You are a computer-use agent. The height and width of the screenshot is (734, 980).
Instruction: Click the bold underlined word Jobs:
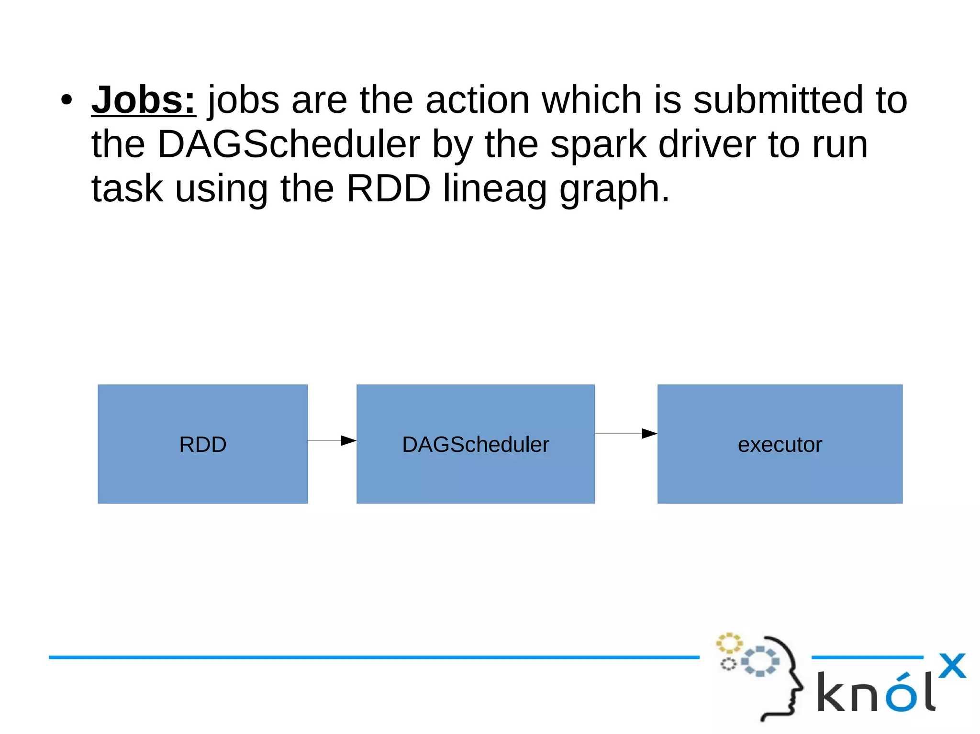(x=144, y=100)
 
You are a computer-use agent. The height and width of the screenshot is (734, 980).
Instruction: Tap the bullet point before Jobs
(x=67, y=100)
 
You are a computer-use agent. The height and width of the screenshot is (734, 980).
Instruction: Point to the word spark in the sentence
(x=598, y=145)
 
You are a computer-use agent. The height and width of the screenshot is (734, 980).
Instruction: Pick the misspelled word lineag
(x=495, y=189)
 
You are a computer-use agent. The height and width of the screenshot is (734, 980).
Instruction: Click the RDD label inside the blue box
(x=203, y=445)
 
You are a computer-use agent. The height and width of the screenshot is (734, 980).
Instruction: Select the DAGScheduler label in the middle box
(x=475, y=445)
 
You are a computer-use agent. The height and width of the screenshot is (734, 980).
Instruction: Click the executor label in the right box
(x=780, y=445)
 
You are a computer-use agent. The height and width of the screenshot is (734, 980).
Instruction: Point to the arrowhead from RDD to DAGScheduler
(x=349, y=440)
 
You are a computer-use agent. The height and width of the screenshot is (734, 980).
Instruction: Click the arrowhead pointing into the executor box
(x=649, y=434)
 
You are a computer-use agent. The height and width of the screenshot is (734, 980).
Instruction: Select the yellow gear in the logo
(x=728, y=643)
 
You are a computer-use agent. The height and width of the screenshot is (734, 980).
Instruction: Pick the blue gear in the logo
(x=760, y=661)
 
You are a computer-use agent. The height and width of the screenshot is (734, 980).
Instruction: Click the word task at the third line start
(x=127, y=189)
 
